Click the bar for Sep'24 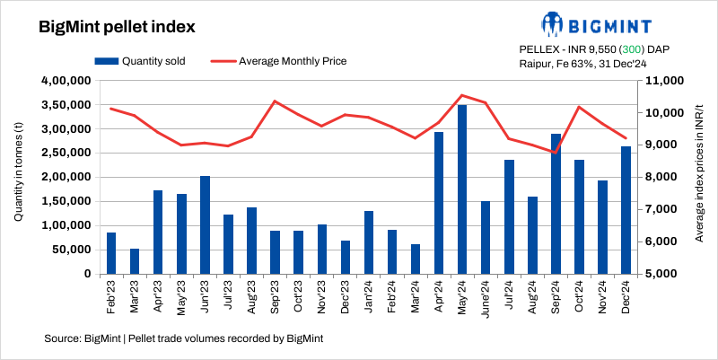pos(556,203)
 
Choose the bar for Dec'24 pos(626,209)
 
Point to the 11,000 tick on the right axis pos(660,81)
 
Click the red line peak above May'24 pos(461,95)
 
